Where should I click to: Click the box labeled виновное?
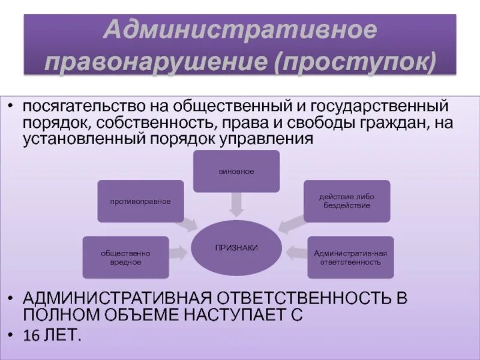(236, 172)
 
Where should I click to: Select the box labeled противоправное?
(140, 201)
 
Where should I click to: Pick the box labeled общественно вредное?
(125, 257)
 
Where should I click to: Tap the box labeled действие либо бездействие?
(347, 201)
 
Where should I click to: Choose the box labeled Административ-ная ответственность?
(350, 257)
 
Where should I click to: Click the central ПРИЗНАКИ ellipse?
(236, 248)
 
